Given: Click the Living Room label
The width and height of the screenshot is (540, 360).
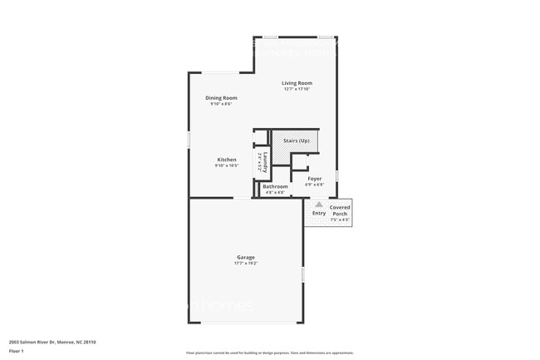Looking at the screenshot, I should pos(297,83).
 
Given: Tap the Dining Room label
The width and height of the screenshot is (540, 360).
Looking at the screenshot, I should pos(221,98).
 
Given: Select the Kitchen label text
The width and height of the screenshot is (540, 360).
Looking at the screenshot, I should pos(227,160).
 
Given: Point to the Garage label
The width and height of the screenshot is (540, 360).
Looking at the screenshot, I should pos(245,257).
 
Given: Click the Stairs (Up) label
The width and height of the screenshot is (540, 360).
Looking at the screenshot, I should pos(297,141).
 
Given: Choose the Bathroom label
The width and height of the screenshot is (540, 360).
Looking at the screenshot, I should pos(275,186).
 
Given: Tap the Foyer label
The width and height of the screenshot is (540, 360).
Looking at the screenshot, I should pos(315,178).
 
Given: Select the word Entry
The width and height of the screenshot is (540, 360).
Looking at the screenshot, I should pos(319,214).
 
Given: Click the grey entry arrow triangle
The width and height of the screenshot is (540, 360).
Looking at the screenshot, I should pos(318,204).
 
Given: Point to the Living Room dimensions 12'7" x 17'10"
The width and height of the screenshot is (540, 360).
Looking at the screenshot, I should pos(297,89).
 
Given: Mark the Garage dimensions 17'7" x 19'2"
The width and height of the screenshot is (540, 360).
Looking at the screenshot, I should pos(245,264).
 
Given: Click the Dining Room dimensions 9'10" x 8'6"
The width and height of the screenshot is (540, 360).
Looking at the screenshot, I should pos(221,104).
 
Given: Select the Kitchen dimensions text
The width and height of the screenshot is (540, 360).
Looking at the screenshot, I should pos(227,165).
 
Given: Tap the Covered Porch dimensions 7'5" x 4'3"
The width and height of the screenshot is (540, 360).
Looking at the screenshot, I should pos(340,220).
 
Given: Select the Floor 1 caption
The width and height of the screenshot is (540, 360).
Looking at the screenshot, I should pos(17,351).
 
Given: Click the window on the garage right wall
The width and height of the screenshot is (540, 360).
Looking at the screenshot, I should pos(303,274).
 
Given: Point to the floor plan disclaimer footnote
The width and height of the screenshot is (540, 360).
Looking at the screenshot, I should pos(269,353).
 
